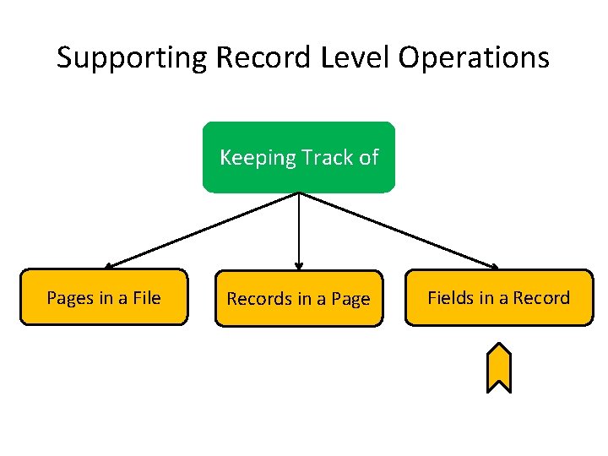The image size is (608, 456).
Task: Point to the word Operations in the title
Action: tap(475, 59)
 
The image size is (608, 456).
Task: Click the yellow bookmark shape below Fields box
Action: tap(499, 368)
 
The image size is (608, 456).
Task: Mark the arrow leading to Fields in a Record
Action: tap(397, 230)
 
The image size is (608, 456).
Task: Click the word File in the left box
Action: tap(145, 297)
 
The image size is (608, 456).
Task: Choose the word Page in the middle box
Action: tap(350, 300)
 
